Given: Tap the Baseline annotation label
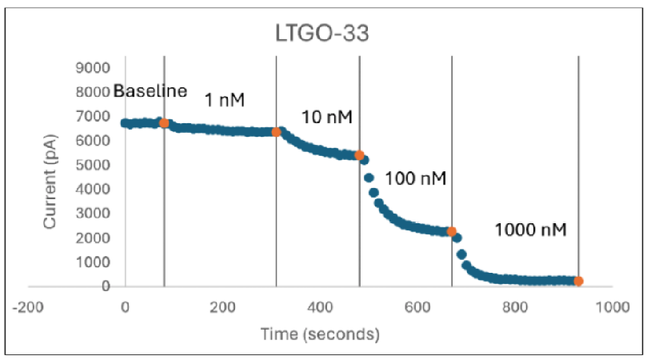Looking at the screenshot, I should pos(150,91).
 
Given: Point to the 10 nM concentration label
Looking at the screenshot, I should pos(326,118).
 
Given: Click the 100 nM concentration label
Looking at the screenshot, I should pos(415,178).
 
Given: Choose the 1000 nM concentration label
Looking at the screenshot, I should pos(530,230).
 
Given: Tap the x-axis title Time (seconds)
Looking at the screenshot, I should pos(321,332).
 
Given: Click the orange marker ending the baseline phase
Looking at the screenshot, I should pos(164,123).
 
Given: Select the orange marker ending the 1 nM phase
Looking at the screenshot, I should pos(277,132).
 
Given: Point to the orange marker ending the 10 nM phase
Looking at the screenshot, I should pos(359,155).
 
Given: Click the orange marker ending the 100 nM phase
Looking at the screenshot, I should pos(452,232).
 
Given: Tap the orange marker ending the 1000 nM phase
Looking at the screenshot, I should pos(578,281).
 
